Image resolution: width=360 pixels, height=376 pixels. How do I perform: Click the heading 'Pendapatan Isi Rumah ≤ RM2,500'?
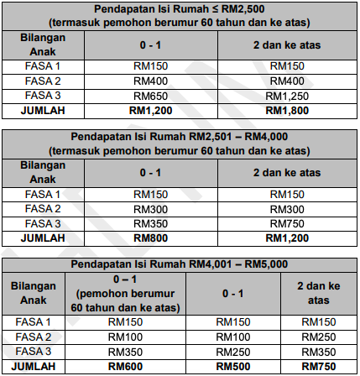[180, 8]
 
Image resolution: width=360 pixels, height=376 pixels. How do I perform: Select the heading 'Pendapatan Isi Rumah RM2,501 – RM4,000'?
[180, 137]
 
